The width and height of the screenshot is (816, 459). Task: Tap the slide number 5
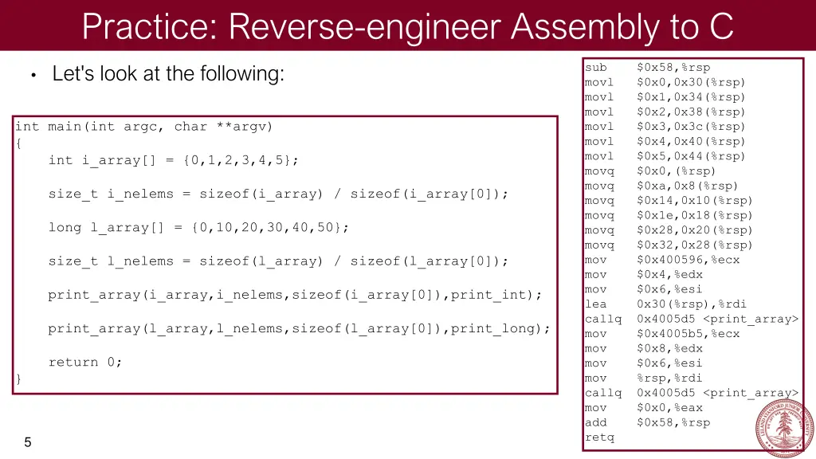(x=27, y=443)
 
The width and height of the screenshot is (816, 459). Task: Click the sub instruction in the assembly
(x=595, y=68)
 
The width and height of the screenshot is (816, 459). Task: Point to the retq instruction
(x=599, y=437)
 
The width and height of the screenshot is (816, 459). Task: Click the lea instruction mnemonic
(x=595, y=304)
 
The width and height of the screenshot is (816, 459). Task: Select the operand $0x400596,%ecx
(x=688, y=260)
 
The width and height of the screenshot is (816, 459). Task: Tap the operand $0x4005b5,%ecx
(x=688, y=334)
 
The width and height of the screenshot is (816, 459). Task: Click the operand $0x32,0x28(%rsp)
(x=694, y=245)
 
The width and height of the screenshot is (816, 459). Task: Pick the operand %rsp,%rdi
(x=669, y=379)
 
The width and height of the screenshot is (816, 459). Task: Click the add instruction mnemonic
(x=595, y=423)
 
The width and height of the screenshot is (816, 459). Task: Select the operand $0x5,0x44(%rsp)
(x=691, y=156)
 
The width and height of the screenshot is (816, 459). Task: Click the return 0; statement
(x=85, y=363)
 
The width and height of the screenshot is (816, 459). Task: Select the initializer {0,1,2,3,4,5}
(x=241, y=160)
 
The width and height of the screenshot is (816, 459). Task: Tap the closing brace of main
(x=19, y=379)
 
